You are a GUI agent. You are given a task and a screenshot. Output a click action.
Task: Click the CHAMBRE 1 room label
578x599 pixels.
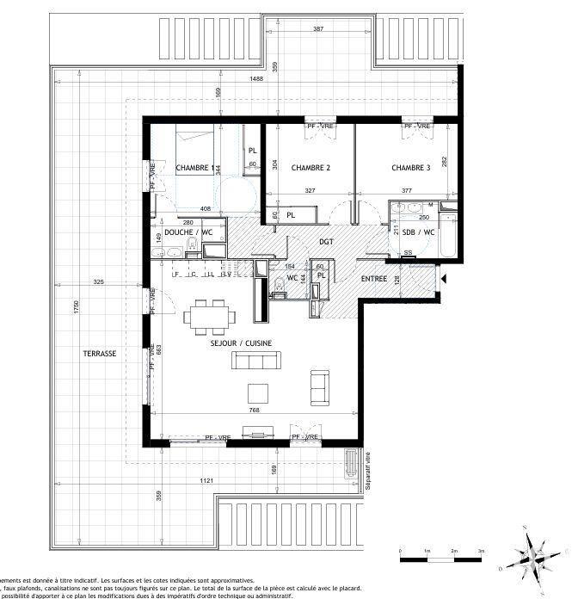point(194,168)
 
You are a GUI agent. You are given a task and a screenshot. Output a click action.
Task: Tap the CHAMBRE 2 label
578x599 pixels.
point(311,168)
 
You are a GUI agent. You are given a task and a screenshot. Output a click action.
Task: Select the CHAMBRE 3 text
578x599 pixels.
point(411,168)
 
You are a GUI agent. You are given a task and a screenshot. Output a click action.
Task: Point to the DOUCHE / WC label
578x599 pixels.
point(188,232)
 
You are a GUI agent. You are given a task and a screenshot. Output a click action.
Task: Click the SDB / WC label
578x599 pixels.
point(419,232)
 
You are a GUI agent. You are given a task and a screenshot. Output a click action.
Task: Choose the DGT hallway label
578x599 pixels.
point(326,242)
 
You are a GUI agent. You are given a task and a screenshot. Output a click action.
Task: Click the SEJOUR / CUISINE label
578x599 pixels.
point(241,343)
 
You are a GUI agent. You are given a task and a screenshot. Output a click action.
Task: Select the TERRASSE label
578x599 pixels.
point(100,354)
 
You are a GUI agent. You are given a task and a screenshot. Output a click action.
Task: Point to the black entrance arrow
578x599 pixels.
point(442,279)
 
